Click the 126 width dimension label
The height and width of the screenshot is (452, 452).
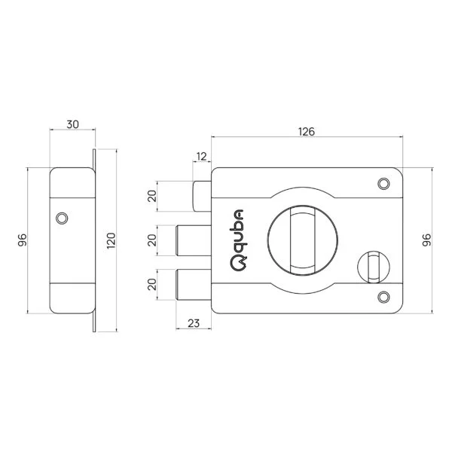(x=305, y=131)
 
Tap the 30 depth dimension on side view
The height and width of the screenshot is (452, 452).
(x=72, y=123)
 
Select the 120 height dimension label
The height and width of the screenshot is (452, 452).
(x=110, y=240)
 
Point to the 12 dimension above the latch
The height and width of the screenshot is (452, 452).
(x=201, y=157)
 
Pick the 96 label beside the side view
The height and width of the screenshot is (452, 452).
(x=21, y=240)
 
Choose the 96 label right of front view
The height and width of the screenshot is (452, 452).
(x=426, y=240)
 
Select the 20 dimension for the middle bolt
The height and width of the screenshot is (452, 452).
(x=152, y=241)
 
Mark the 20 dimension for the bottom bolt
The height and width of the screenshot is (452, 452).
(x=152, y=284)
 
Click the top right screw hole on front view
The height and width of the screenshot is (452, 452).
(x=383, y=183)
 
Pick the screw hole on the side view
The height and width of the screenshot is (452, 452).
(x=62, y=218)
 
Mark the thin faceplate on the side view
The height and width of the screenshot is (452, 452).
(x=94, y=240)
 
